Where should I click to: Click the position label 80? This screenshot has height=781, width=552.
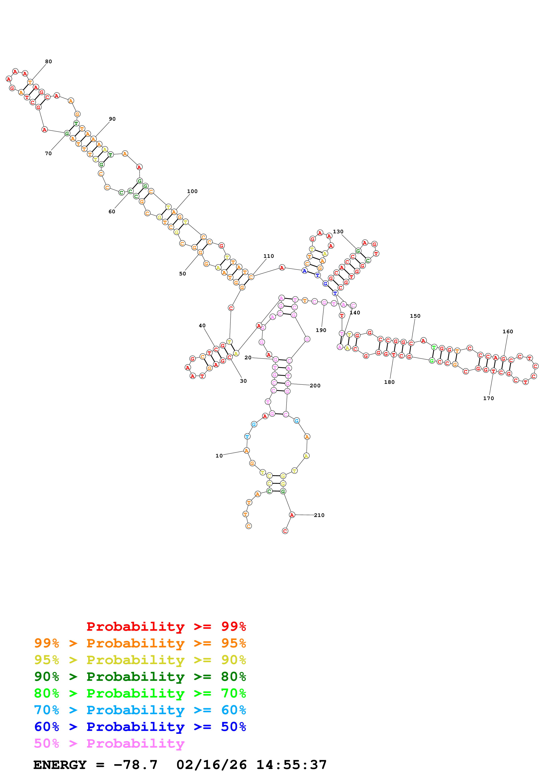pyautogui.click(x=49, y=62)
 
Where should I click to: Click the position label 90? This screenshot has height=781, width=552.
pyautogui.click(x=112, y=119)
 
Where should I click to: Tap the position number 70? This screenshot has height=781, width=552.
pyautogui.click(x=48, y=153)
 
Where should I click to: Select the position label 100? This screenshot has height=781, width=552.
pyautogui.click(x=192, y=191)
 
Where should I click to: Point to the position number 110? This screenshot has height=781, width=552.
pyautogui.click(x=269, y=256)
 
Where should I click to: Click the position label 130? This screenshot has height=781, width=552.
pyautogui.click(x=338, y=232)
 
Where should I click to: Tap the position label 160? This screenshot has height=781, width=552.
pyautogui.click(x=508, y=332)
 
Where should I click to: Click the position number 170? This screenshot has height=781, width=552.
pyautogui.click(x=488, y=398)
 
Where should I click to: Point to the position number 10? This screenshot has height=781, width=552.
pyautogui.click(x=219, y=456)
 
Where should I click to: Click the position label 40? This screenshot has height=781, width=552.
pyautogui.click(x=202, y=325)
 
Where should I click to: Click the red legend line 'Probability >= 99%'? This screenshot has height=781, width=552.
pyautogui.click(x=166, y=626)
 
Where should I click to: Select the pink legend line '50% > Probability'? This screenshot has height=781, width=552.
pyautogui.click(x=109, y=744)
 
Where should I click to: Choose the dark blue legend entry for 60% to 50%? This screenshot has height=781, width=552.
pyautogui.click(x=140, y=727)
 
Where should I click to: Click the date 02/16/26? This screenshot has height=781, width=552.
pyautogui.click(x=212, y=765)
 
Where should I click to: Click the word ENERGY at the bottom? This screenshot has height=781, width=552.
pyautogui.click(x=60, y=765)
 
